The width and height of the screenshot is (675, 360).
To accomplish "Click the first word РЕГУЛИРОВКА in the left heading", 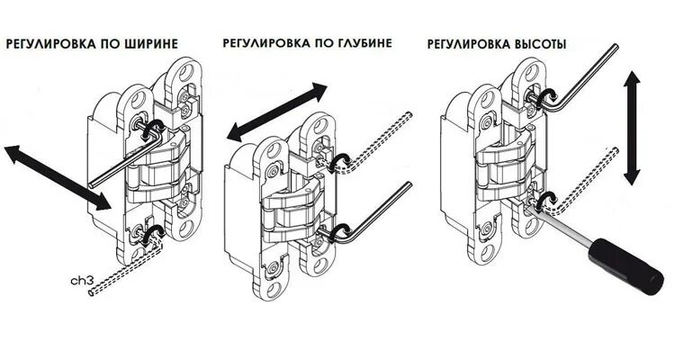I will (x=59, y=43).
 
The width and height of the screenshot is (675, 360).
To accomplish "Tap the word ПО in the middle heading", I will (x=309, y=43).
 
